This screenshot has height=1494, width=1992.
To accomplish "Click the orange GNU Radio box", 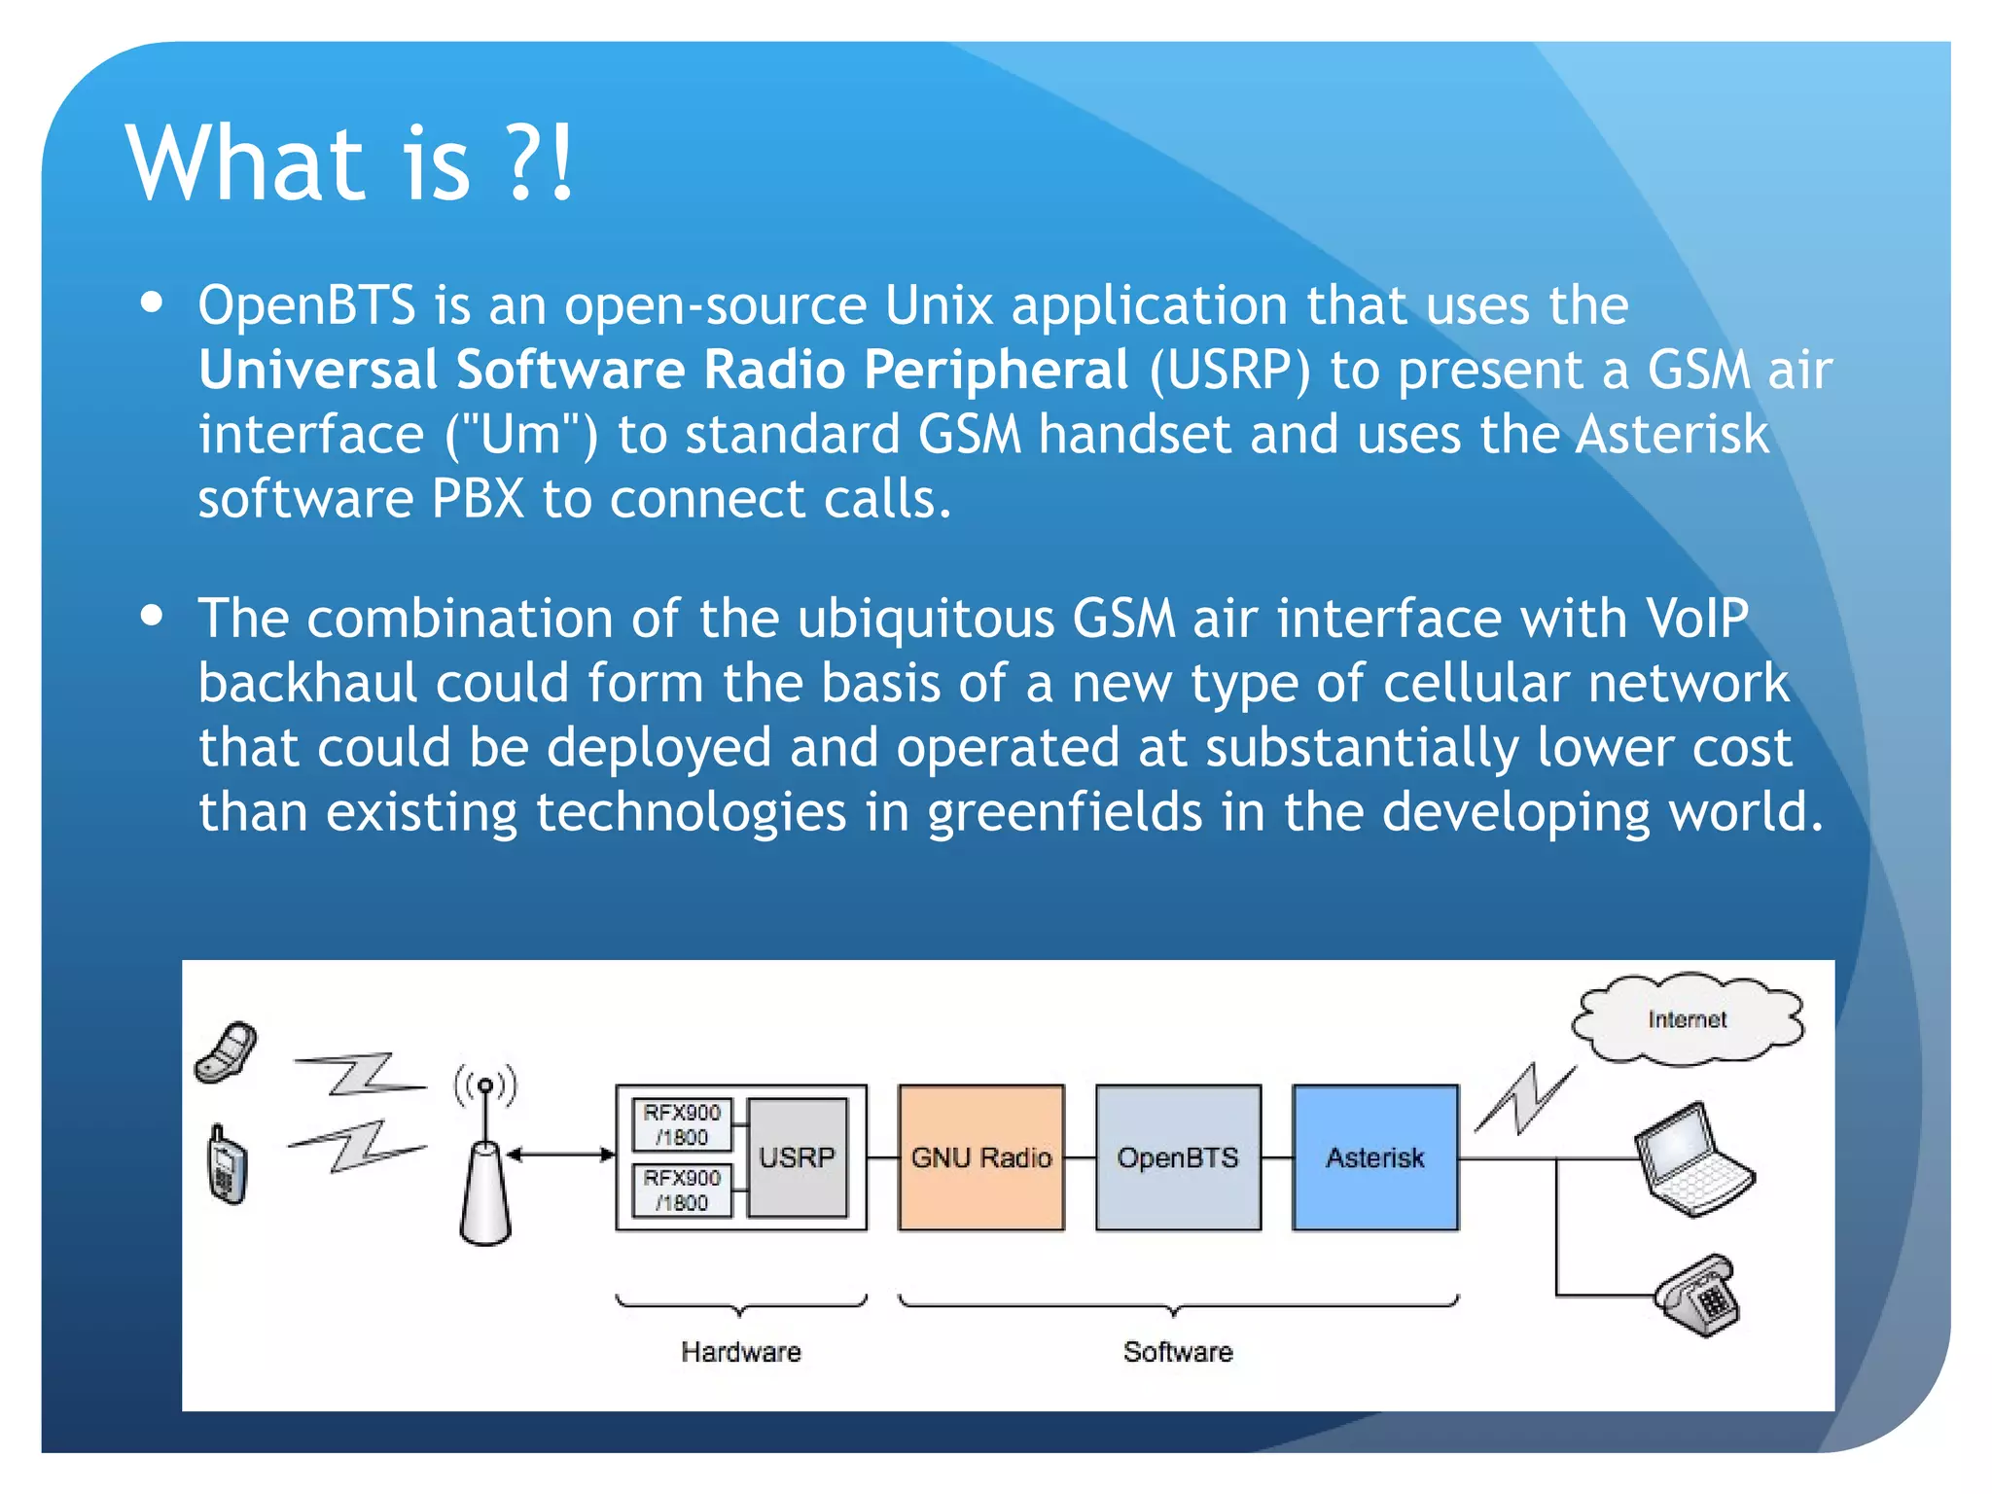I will (980, 1157).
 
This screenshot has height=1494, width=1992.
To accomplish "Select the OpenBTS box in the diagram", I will (1177, 1157).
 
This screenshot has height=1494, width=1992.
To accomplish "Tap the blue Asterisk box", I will (1374, 1157).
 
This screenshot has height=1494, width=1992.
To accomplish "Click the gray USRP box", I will (797, 1157).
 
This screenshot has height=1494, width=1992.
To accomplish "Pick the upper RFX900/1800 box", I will (682, 1124).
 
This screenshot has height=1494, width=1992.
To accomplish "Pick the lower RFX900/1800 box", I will (682, 1190).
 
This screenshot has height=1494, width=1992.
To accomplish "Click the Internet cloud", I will (1687, 1019).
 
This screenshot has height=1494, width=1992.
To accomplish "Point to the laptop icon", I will (1694, 1159).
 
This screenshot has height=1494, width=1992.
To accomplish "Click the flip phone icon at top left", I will (228, 1052).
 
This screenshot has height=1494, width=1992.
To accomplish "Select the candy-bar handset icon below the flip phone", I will (228, 1165).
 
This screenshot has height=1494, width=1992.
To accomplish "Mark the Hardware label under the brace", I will (740, 1352).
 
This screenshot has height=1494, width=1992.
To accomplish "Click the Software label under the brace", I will (1177, 1352).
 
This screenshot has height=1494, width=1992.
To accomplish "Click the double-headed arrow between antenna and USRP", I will (561, 1155).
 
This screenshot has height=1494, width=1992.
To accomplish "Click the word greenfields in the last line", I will (1064, 812).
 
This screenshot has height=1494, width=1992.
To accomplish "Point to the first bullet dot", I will (151, 302).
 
